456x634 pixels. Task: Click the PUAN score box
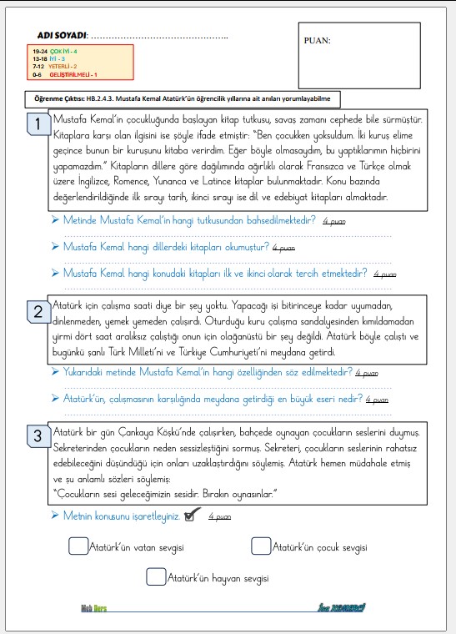click(358, 54)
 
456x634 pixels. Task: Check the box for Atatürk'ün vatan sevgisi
click(78, 546)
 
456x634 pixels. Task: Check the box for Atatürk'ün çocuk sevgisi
click(260, 546)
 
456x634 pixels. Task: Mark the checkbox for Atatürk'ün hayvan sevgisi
click(155, 576)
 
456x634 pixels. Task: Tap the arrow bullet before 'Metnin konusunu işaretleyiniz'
click(54, 516)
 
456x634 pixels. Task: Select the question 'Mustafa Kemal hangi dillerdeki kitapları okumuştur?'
click(167, 247)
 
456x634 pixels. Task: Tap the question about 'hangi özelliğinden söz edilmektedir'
click(208, 372)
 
